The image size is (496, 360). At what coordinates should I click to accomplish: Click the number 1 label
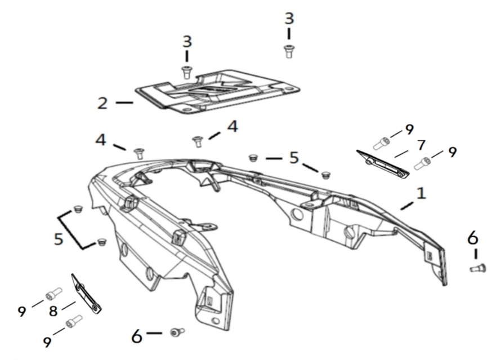tap(421, 193)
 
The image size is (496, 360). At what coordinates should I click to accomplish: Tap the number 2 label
tap(102, 103)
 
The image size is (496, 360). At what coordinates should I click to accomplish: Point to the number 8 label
tap(53, 311)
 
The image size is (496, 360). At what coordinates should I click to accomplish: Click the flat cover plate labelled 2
tap(218, 91)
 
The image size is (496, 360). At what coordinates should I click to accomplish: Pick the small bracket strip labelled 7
tap(383, 164)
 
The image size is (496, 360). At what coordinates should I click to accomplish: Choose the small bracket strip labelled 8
tap(86, 294)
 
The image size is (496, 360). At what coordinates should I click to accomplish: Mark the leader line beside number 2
tap(124, 103)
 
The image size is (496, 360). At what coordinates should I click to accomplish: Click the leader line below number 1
tap(406, 206)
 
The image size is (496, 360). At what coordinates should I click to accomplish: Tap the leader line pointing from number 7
tap(401, 154)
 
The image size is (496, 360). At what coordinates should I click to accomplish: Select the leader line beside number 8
tap(69, 305)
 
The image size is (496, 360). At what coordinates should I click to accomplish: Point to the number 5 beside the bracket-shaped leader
tap(59, 239)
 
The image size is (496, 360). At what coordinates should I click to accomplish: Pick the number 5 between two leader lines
tap(294, 158)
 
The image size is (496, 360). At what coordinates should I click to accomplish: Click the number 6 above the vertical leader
tap(473, 238)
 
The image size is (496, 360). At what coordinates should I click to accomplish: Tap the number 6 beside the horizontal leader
tap(137, 336)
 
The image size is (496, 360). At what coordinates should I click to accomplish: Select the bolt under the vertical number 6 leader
tap(477, 269)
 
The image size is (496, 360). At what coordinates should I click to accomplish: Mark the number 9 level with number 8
tap(22, 312)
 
